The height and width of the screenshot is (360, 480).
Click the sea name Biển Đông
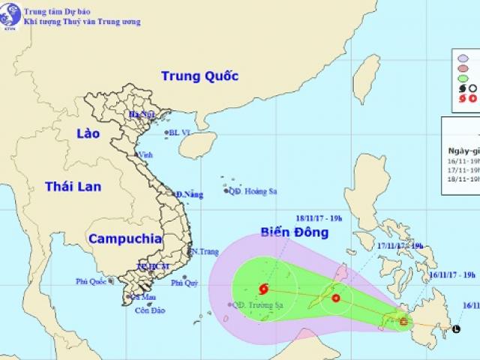click(x=294, y=232)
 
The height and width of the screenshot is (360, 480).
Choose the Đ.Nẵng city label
click(x=189, y=195)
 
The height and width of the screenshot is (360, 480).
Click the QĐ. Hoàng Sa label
click(x=250, y=190)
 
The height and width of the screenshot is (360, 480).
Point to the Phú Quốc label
click(x=91, y=282)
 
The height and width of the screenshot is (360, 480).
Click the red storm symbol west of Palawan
click(x=335, y=298)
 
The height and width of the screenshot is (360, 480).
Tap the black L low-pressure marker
click(x=457, y=328)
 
